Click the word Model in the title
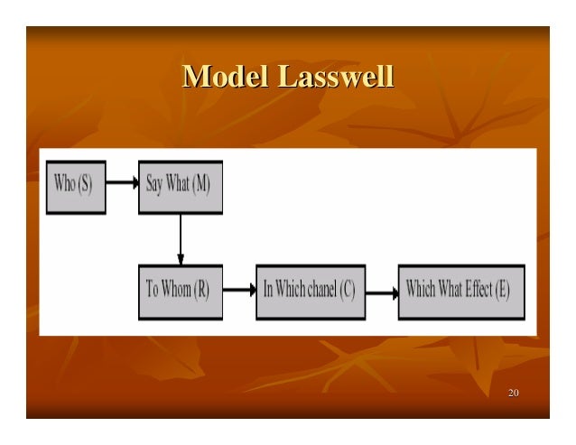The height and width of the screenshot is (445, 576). click(226, 78)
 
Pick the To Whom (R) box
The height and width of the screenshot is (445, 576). click(180, 292)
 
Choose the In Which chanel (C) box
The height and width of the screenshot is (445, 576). click(311, 292)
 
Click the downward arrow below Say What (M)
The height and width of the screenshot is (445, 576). click(181, 238)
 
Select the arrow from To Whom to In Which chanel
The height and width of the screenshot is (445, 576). click(238, 291)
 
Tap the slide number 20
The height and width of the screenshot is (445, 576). click(514, 394)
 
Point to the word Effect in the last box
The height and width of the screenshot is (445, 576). click(478, 290)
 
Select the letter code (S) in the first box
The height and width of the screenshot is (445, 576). click(86, 184)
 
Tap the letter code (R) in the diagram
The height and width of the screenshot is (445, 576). click(204, 291)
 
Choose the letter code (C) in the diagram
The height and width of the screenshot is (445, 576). click(348, 291)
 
